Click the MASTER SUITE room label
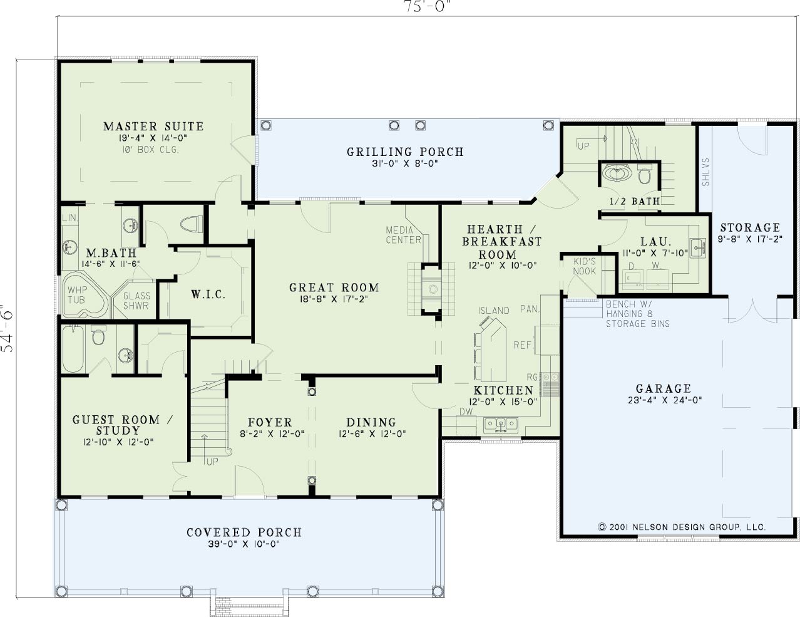click(153, 127)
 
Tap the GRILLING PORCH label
click(406, 152)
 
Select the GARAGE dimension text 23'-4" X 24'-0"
click(665, 400)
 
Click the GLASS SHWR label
click(136, 301)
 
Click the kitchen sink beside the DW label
click(501, 425)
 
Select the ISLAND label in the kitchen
click(494, 311)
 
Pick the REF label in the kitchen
click(523, 345)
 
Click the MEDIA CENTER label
click(404, 235)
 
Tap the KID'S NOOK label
click(585, 266)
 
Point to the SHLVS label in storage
click(705, 172)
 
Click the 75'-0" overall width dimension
click(428, 6)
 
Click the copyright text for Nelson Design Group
click(682, 527)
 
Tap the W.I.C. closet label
click(208, 294)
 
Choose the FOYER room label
click(270, 422)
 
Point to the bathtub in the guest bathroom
click(73, 348)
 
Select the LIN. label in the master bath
click(70, 218)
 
